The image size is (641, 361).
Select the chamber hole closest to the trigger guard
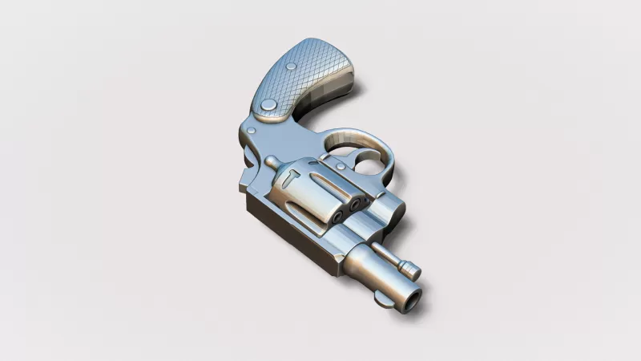point(355,205)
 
